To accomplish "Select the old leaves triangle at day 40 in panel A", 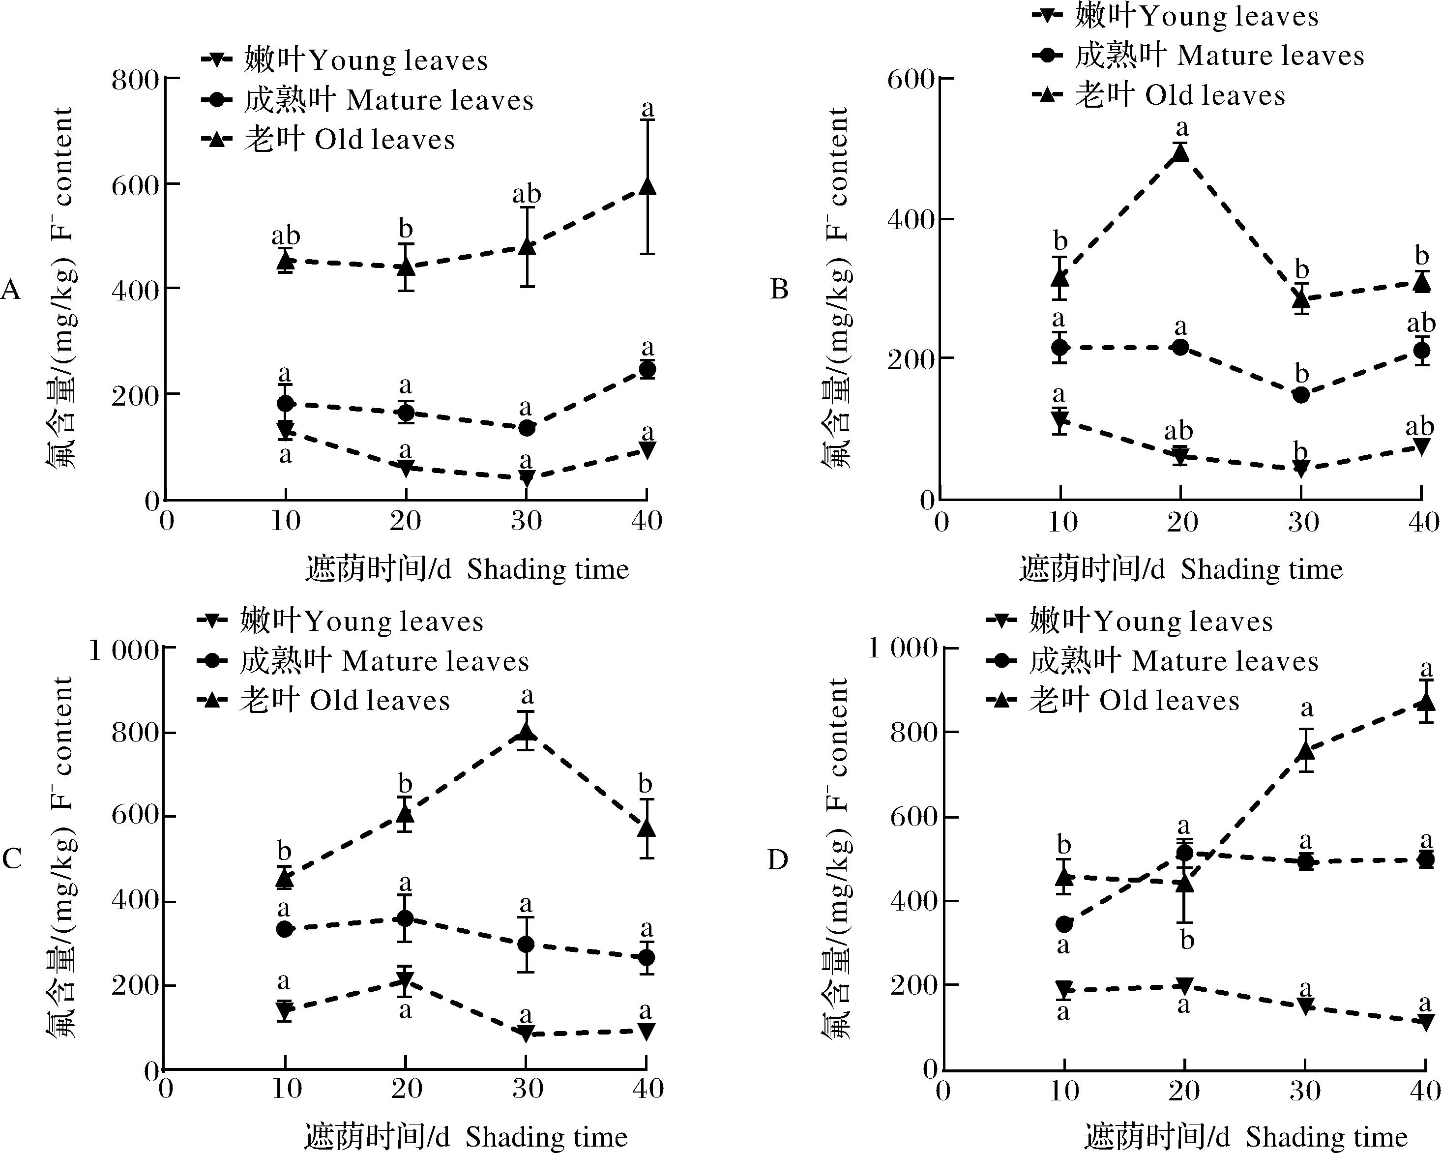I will click(647, 186).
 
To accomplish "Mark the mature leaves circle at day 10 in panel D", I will click(1063, 924).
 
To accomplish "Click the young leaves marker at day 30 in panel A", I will click(527, 478).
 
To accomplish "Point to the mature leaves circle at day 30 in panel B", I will click(1301, 395).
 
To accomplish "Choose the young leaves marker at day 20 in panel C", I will click(405, 980).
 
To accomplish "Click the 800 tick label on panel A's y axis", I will click(136, 80).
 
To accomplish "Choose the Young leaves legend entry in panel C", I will click(341, 621).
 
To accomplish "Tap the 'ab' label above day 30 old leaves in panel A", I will click(527, 195).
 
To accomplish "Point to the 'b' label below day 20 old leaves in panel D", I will click(1187, 941).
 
